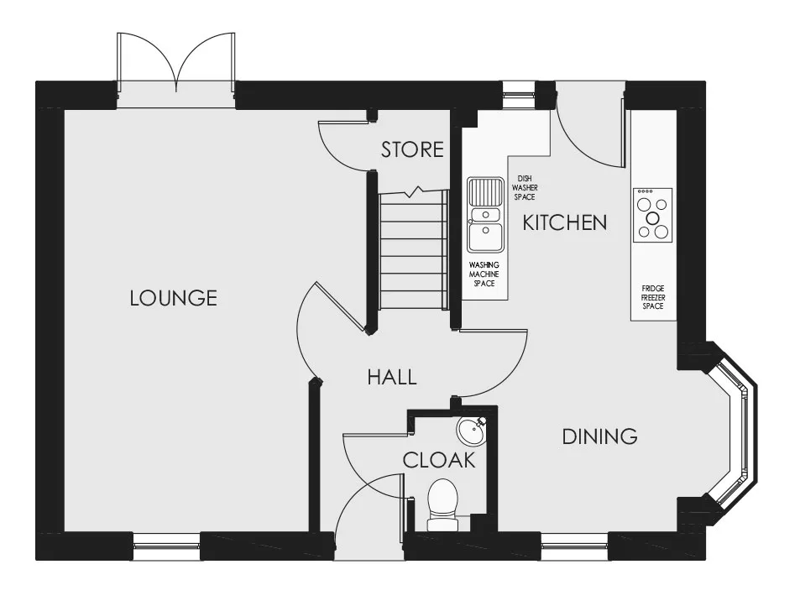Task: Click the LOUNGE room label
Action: coord(174,298)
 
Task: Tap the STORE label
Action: coord(412,150)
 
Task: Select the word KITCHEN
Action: coord(565,223)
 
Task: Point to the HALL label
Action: coord(392,378)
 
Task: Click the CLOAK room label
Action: coord(439,461)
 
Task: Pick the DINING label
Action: coord(599,436)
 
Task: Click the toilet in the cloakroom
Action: coord(442,504)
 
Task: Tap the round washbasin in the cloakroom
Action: coord(470,431)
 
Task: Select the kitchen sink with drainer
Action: coord(486,215)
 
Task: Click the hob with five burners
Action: coord(653,215)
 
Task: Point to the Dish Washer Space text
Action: coord(525,188)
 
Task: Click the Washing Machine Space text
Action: coord(484,274)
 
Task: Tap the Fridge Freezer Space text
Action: coord(653,297)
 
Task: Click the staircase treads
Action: coord(413,249)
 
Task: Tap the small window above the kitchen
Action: coord(519,96)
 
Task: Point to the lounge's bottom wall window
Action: coord(166,546)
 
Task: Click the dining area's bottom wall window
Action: coord(574,546)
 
